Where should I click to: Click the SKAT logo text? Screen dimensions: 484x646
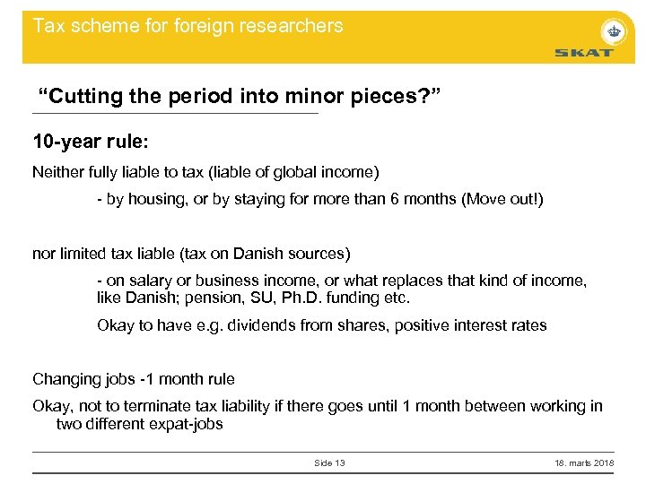click(x=583, y=53)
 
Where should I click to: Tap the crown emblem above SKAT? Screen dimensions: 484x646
click(x=614, y=30)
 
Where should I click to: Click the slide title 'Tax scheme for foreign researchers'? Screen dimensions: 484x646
click(x=188, y=25)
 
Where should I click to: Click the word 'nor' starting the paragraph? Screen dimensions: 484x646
click(x=43, y=254)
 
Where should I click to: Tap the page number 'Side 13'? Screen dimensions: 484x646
click(x=329, y=462)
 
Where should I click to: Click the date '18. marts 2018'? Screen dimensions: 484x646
click(x=584, y=462)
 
